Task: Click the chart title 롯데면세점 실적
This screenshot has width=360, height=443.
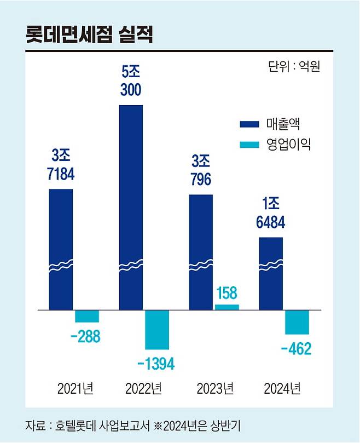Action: [x=89, y=34]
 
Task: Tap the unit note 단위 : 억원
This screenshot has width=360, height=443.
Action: [x=294, y=67]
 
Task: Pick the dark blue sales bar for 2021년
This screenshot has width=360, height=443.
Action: [x=61, y=249]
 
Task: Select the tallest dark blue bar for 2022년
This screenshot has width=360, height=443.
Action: [x=131, y=208]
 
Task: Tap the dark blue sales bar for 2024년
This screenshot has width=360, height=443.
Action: [x=271, y=274]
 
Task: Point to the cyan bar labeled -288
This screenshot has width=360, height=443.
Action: [x=87, y=316]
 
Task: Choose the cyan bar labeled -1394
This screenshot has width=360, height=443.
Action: [x=157, y=329]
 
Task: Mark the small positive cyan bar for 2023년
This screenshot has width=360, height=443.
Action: [x=227, y=307]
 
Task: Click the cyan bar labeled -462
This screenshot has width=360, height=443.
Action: [x=297, y=322]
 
